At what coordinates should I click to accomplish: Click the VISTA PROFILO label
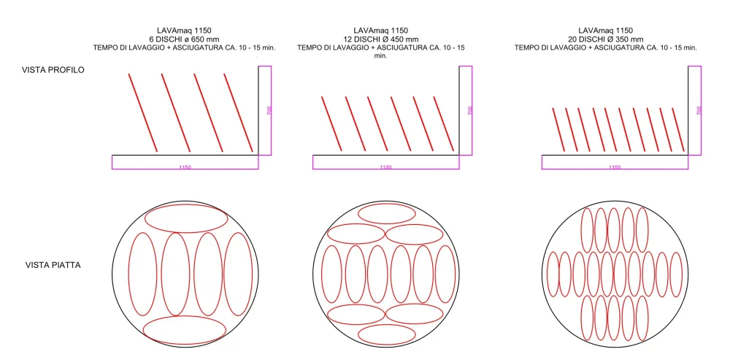click(x=53, y=70)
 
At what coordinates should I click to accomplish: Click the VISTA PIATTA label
click(x=53, y=266)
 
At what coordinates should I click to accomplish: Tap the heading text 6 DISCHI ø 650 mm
click(x=185, y=39)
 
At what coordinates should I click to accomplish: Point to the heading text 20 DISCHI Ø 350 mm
click(x=605, y=39)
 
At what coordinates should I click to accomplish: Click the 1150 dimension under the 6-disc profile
click(x=185, y=167)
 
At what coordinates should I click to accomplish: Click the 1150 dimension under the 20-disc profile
click(x=615, y=167)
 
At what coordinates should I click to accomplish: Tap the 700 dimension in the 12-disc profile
click(x=470, y=110)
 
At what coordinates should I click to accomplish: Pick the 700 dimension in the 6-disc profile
click(x=269, y=110)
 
